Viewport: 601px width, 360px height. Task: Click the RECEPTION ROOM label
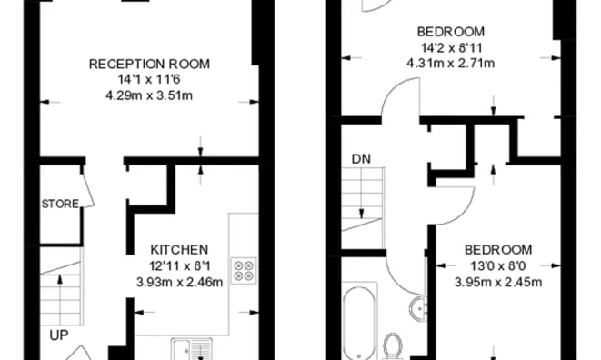pyautogui.click(x=149, y=64)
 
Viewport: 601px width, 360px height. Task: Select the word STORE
pyautogui.click(x=60, y=204)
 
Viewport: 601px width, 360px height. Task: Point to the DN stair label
pyautogui.click(x=361, y=159)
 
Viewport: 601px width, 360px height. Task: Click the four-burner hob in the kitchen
pyautogui.click(x=245, y=270)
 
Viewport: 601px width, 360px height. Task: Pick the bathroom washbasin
pyautogui.click(x=420, y=307)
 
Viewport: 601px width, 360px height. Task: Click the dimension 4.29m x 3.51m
pyautogui.click(x=149, y=94)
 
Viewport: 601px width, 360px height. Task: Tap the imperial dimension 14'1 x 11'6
pyautogui.click(x=149, y=79)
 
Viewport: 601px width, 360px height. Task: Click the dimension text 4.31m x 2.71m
pyautogui.click(x=450, y=64)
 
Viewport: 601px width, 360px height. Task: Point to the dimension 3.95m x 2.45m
pyautogui.click(x=497, y=281)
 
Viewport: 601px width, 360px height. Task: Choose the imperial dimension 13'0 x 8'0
pyautogui.click(x=497, y=265)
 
